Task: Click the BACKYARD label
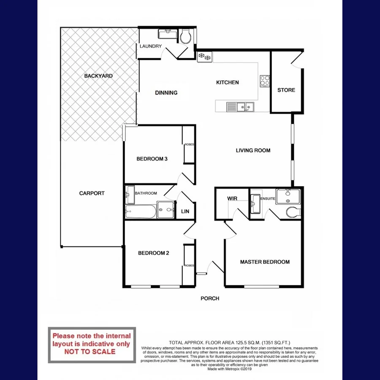click(98, 76)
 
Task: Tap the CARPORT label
click(92, 193)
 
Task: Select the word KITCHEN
click(228, 82)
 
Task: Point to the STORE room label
click(286, 90)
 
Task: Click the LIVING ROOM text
click(253, 150)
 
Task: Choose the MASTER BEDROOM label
click(265, 262)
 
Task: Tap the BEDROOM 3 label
click(152, 159)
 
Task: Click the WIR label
click(232, 198)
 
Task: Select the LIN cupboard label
click(185, 212)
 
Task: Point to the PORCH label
click(210, 299)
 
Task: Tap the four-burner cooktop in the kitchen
click(265, 80)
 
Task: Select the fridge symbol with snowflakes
click(205, 56)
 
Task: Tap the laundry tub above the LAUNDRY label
click(168, 34)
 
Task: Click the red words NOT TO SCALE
click(90, 351)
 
